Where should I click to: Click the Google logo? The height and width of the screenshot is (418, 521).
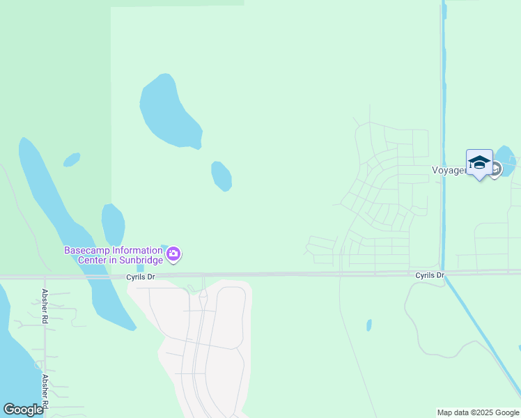pyautogui.click(x=23, y=410)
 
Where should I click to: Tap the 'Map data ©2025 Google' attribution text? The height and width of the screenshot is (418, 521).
pyautogui.click(x=479, y=412)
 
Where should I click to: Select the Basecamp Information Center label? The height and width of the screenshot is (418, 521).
pyautogui.click(x=114, y=255)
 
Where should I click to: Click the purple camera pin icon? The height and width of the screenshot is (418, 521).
pyautogui.click(x=173, y=255)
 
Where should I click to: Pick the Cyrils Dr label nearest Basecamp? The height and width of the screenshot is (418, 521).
pyautogui.click(x=140, y=277)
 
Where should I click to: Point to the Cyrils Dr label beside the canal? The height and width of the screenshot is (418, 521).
pyautogui.click(x=429, y=275)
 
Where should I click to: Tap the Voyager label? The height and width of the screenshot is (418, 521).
pyautogui.click(x=448, y=169)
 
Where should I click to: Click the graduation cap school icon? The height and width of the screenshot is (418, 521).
pyautogui.click(x=479, y=162)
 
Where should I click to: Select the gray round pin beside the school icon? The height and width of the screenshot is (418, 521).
pyautogui.click(x=495, y=169)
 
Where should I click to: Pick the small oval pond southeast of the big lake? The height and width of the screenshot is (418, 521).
pyautogui.click(x=221, y=176)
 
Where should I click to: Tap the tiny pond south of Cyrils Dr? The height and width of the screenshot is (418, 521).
pyautogui.click(x=368, y=325)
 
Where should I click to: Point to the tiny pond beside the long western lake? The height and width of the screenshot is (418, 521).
pyautogui.click(x=71, y=160)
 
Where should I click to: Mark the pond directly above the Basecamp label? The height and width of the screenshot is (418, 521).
pyautogui.click(x=113, y=224)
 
